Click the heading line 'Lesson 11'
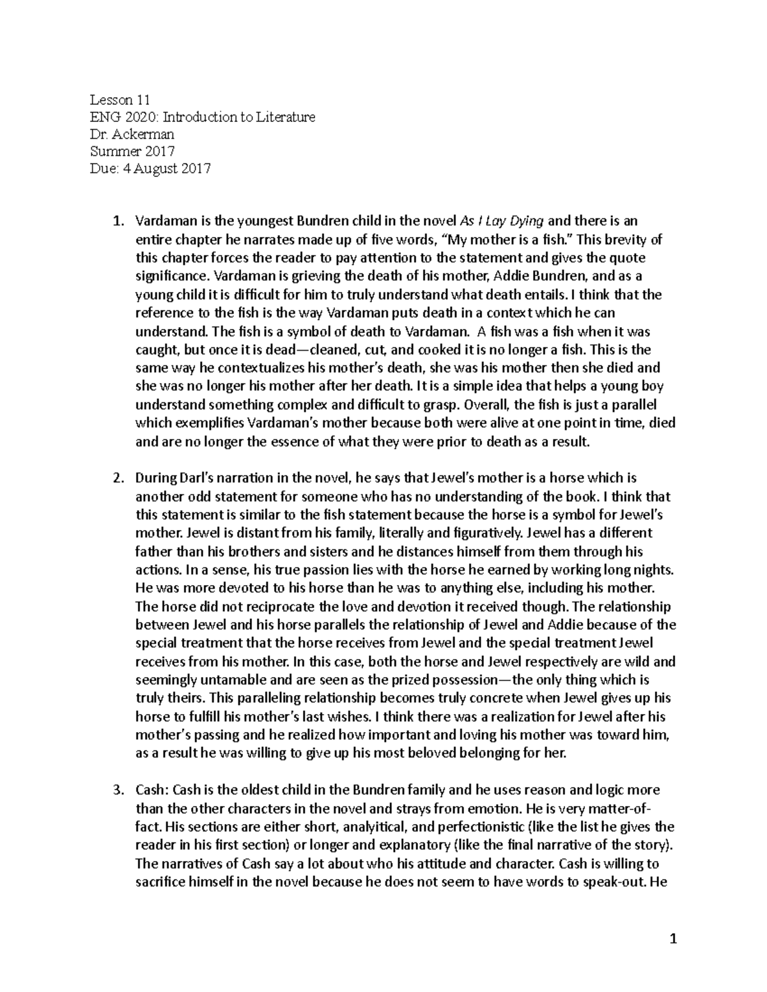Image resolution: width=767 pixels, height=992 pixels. tap(120, 100)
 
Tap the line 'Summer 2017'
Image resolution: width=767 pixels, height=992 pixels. tap(132, 151)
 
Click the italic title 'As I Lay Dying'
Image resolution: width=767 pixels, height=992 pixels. tap(502, 222)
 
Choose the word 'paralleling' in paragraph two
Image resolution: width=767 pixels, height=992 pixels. tap(261, 698)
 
